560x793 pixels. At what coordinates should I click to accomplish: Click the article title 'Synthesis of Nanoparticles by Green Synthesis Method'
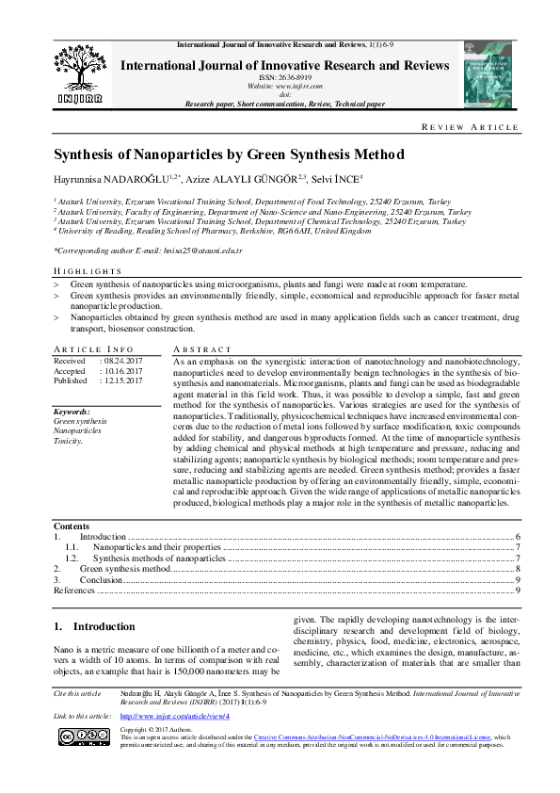coord(229,154)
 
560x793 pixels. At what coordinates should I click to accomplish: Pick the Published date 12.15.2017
coord(122,380)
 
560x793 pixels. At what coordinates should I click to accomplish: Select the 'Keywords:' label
coord(72,412)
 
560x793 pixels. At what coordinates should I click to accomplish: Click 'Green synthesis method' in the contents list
coord(124,569)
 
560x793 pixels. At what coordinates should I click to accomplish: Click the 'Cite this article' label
coord(77,719)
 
